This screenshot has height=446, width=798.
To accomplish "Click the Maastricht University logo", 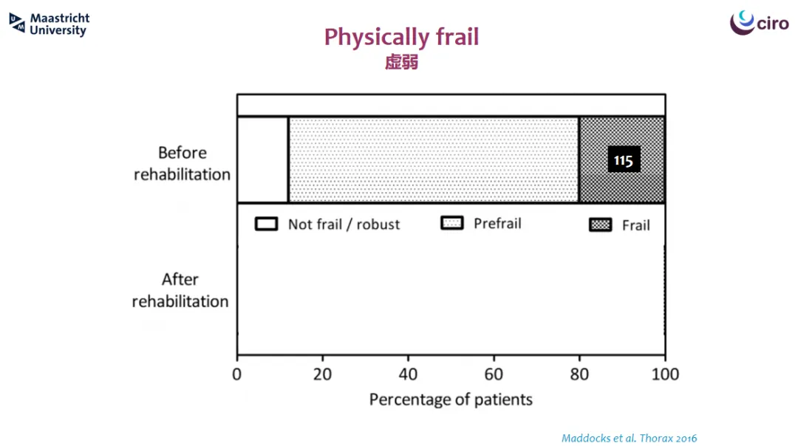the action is click(50, 24).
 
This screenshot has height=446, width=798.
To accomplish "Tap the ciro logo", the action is click(760, 22).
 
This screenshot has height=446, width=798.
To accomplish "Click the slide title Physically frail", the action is click(401, 37).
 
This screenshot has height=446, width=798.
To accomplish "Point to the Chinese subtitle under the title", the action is click(401, 62).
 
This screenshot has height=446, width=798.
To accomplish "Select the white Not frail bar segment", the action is click(262, 159).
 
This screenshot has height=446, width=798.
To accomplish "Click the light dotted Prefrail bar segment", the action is click(434, 159).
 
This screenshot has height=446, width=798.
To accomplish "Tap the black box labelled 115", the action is click(624, 159).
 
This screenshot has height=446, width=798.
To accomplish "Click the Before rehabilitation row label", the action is click(182, 163).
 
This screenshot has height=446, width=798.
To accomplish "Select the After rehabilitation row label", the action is click(180, 290).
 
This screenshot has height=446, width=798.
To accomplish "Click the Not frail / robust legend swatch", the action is click(266, 224).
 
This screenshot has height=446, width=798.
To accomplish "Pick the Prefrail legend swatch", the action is click(452, 223).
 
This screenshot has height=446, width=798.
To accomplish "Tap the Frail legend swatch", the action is click(601, 224).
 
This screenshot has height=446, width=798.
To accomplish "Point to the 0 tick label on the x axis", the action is click(236, 374).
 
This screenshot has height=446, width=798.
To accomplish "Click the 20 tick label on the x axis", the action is click(322, 374).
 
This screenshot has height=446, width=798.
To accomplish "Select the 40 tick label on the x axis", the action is click(408, 374).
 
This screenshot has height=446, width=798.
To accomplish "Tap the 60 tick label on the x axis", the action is click(493, 374).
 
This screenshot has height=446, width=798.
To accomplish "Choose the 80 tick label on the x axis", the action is click(579, 374).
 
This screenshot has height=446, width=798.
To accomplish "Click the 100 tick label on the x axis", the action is click(665, 374).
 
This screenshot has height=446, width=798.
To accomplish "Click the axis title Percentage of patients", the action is click(451, 399).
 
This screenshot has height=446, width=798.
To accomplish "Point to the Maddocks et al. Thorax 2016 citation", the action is click(629, 438).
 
